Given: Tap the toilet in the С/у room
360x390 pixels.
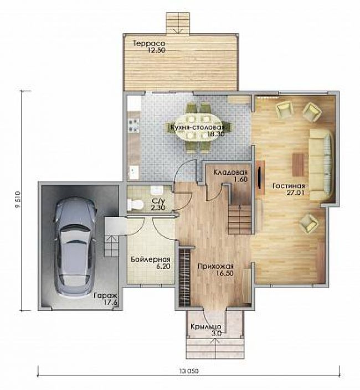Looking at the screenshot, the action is pyautogui.click(x=135, y=205).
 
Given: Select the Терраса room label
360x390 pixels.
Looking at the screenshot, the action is pyautogui.click(x=149, y=43).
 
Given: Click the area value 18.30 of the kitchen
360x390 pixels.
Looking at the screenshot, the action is pyautogui.click(x=216, y=134).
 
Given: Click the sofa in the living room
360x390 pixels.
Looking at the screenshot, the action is pyautogui.click(x=321, y=165).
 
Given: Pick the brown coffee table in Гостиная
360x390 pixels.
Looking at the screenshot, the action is pyautogui.click(x=298, y=165).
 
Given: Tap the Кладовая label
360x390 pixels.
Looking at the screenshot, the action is pyautogui.click(x=230, y=173).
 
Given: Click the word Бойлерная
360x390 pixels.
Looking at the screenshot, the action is pyautogui.click(x=151, y=259).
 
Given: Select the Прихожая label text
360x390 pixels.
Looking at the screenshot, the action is pyautogui.click(x=215, y=267).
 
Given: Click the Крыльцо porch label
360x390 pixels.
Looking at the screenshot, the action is pyautogui.click(x=206, y=326).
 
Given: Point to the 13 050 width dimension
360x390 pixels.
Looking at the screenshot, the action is pyautogui.click(x=189, y=371).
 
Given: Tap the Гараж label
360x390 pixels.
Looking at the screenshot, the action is pyautogui.click(x=105, y=296).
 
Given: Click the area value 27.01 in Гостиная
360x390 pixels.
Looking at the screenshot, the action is pyautogui.click(x=295, y=193).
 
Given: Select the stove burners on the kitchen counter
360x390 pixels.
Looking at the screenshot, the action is pyautogui.click(x=133, y=125).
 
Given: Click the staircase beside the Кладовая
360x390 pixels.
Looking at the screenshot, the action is pyautogui.click(x=239, y=219).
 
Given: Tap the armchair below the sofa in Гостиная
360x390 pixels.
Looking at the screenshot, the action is pyautogui.click(x=309, y=223).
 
